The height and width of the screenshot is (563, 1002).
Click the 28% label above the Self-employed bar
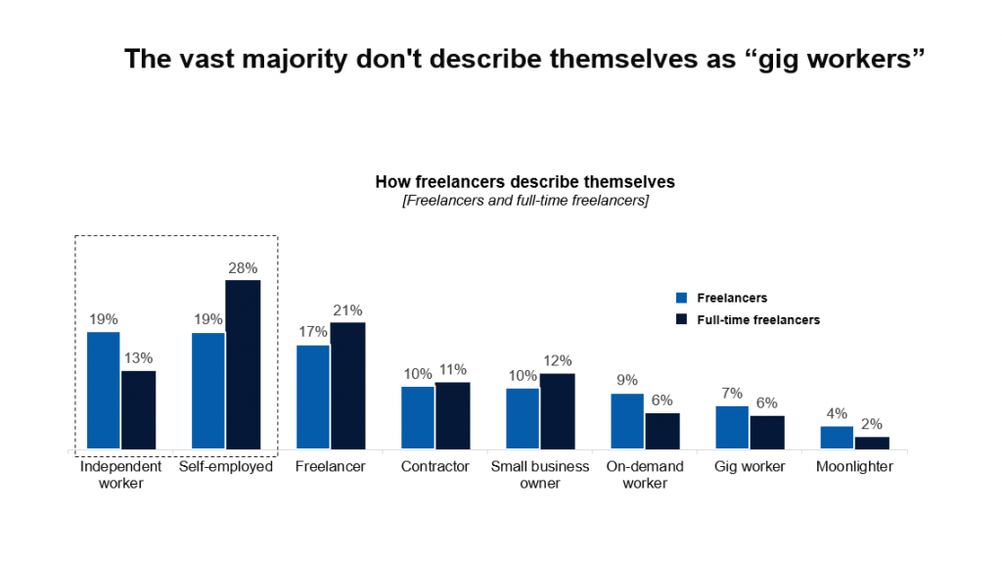(244, 267)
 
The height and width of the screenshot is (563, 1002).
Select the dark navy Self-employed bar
(244, 364)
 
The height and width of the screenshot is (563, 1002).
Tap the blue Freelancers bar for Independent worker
(104, 391)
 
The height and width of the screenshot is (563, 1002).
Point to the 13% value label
(138, 358)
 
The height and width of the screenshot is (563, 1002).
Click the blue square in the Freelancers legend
(682, 298)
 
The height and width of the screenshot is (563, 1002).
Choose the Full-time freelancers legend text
(758, 320)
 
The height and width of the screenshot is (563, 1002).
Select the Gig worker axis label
(750, 467)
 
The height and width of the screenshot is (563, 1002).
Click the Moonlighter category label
(854, 467)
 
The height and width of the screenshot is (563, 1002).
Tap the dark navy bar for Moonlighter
(872, 443)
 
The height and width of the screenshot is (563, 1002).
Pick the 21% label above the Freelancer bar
(347, 309)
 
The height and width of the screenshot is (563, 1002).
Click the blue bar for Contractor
(418, 418)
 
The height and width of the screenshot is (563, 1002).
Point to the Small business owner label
(540, 475)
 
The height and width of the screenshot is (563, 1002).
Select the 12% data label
(557, 360)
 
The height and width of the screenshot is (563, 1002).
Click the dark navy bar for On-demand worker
(662, 431)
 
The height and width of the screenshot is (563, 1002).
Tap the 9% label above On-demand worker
(627, 381)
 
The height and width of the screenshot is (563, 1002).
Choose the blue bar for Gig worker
(732, 428)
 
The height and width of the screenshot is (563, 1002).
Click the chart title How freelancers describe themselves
(524, 182)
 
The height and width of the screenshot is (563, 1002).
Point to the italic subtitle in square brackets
(524, 201)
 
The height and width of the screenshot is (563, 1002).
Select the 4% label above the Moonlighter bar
(837, 413)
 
